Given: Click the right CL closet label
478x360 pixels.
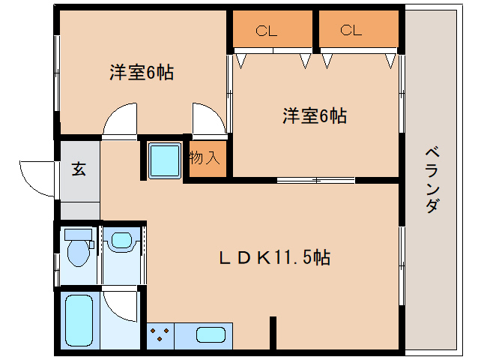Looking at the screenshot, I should (x=351, y=31).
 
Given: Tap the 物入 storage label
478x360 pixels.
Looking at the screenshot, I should (x=205, y=158).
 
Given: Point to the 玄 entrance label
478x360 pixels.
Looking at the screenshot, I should (x=79, y=169).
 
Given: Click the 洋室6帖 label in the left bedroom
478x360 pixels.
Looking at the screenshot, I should (x=142, y=73).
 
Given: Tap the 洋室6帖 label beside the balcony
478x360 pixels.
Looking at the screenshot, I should (x=314, y=115).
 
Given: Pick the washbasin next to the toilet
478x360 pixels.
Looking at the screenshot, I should (x=120, y=241).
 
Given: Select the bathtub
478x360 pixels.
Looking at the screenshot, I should (x=77, y=321).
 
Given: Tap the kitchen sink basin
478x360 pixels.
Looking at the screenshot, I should (x=213, y=335).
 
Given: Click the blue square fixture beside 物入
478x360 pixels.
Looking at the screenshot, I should (x=164, y=160).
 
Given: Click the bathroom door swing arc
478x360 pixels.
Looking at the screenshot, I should (x=120, y=304).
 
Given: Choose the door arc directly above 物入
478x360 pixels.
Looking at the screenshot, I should (x=208, y=120).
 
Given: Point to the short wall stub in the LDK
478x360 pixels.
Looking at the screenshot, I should (x=273, y=334).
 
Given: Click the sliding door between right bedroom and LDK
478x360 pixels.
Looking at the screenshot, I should (x=315, y=180).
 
